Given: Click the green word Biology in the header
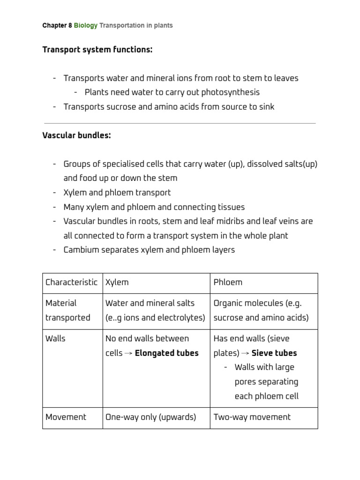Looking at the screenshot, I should (x=86, y=25).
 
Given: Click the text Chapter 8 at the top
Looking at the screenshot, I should (x=57, y=25).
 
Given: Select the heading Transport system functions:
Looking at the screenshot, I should (x=97, y=50).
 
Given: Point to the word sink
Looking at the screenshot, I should (x=266, y=107).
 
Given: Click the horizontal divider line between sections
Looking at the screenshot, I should (x=180, y=123).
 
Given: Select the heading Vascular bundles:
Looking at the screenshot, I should (x=76, y=135).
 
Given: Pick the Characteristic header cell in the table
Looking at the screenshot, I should (x=71, y=282).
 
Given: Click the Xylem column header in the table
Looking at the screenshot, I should (x=117, y=282).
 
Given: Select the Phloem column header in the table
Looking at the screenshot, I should (x=228, y=282).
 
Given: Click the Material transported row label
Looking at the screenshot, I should (x=67, y=310).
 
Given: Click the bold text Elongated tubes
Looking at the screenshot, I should (x=166, y=353).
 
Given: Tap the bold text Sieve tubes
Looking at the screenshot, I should (x=274, y=353).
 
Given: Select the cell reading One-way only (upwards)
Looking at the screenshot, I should (x=150, y=417).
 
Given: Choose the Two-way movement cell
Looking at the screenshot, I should (x=252, y=417).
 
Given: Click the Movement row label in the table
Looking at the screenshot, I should (x=66, y=417).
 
